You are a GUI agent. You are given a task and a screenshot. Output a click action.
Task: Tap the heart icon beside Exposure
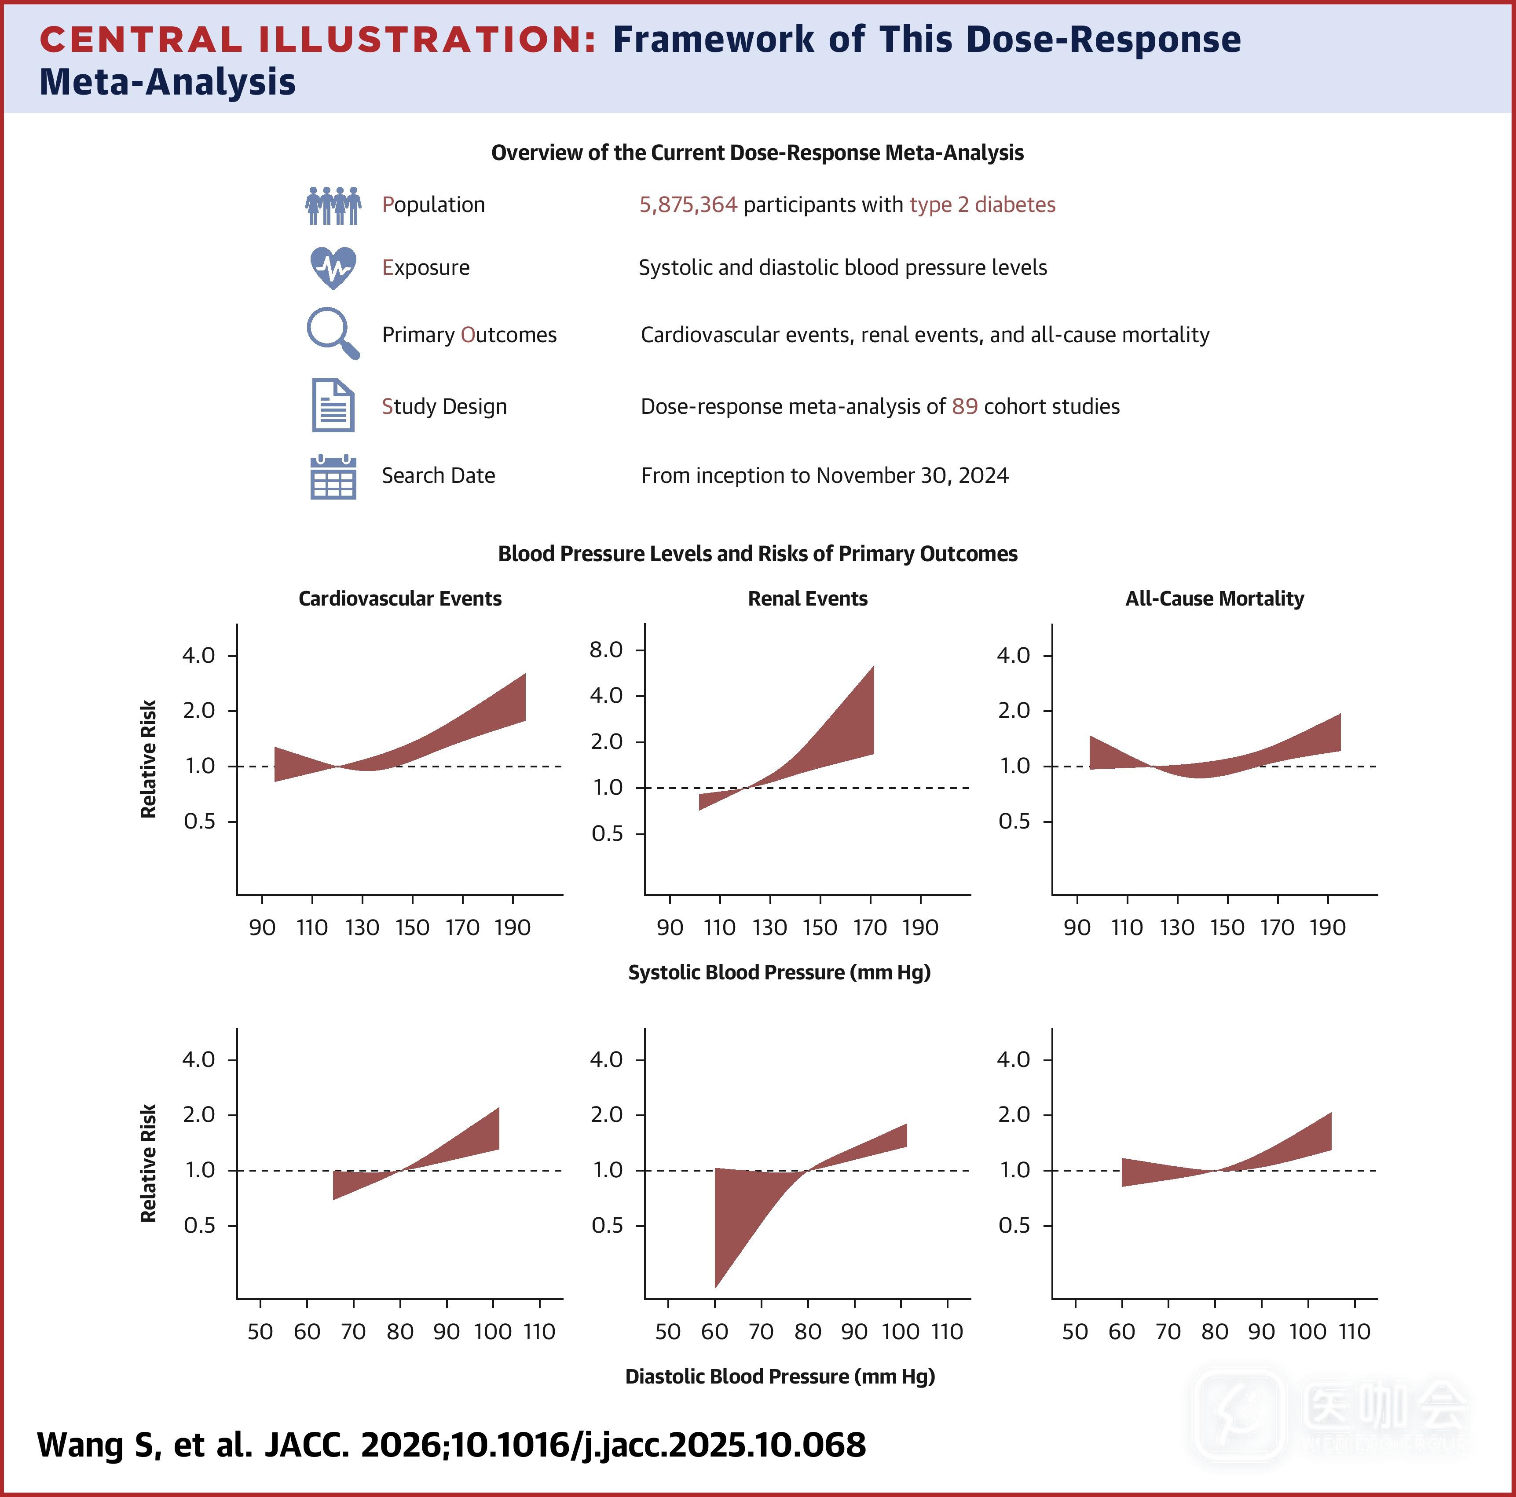(333, 267)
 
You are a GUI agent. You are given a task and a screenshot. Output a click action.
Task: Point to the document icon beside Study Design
(333, 405)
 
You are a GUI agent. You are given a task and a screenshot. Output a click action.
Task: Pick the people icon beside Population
(333, 205)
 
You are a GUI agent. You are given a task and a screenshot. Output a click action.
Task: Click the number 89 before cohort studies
(964, 406)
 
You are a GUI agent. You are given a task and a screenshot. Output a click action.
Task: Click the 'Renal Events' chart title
(807, 599)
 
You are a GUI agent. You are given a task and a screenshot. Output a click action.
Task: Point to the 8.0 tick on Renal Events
(606, 650)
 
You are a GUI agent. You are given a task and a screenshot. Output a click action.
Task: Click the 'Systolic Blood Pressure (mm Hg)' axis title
(779, 972)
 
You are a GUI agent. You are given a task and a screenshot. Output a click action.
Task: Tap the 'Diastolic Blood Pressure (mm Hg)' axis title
(780, 1376)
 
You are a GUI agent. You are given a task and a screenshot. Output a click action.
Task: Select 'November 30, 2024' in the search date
(912, 475)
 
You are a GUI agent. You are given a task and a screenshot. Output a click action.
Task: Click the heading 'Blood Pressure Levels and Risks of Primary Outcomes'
(757, 554)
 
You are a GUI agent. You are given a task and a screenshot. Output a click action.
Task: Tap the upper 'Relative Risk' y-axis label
(148, 759)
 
